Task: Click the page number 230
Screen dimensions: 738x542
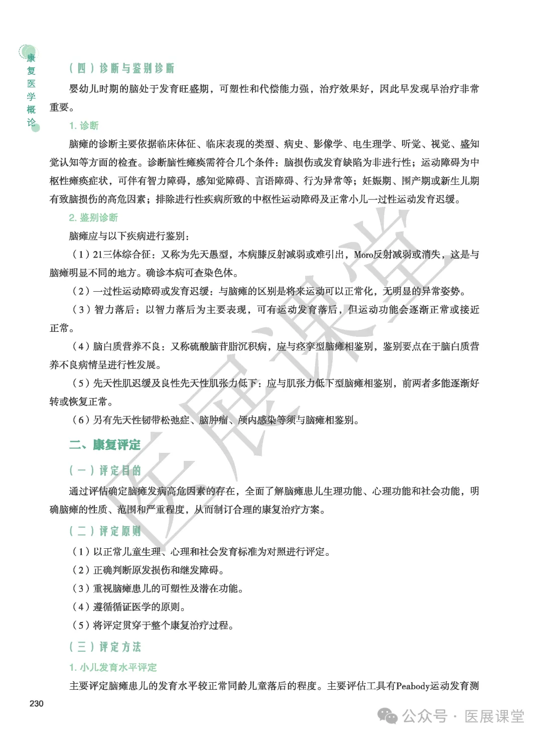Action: pyautogui.click(x=37, y=703)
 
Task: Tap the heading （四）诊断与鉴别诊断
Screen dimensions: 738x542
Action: pyautogui.click(x=122, y=69)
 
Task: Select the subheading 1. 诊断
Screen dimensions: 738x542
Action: pyautogui.click(x=84, y=126)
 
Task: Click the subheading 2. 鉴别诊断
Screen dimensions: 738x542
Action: pyautogui.click(x=93, y=217)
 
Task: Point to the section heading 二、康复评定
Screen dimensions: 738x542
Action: pyautogui.click(x=105, y=445)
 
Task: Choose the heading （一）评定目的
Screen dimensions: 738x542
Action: pyautogui.click(x=105, y=470)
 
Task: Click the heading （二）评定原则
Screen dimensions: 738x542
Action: pyautogui.click(x=105, y=531)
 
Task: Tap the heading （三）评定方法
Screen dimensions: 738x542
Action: pyautogui.click(x=105, y=647)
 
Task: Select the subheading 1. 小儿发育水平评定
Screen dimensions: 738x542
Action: pyautogui.click(x=113, y=667)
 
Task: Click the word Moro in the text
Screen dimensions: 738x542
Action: pyautogui.click(x=363, y=255)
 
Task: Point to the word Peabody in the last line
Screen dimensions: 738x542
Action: pyautogui.click(x=412, y=686)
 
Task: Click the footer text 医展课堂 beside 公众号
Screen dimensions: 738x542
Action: pyautogui.click(x=494, y=716)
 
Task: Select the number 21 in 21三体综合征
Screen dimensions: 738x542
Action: pyautogui.click(x=97, y=255)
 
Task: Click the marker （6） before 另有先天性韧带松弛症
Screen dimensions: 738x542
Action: pyautogui.click(x=81, y=420)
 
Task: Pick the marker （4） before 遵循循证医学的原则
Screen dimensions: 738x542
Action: pyautogui.click(x=81, y=607)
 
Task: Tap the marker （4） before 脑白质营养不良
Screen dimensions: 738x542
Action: pyautogui.click(x=81, y=346)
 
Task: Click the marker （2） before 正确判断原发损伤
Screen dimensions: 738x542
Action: pyautogui.click(x=81, y=570)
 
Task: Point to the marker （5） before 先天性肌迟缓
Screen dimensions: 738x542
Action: pyautogui.click(x=81, y=383)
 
